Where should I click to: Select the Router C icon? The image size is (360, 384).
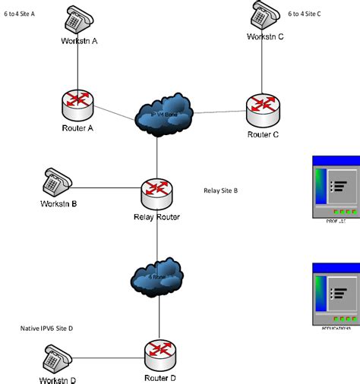click(x=264, y=107)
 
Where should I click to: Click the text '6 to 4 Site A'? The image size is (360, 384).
click(x=22, y=13)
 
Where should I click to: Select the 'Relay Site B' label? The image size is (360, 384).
click(x=220, y=190)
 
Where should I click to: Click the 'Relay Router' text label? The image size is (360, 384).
click(x=156, y=219)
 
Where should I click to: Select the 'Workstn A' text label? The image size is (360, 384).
click(x=79, y=41)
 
